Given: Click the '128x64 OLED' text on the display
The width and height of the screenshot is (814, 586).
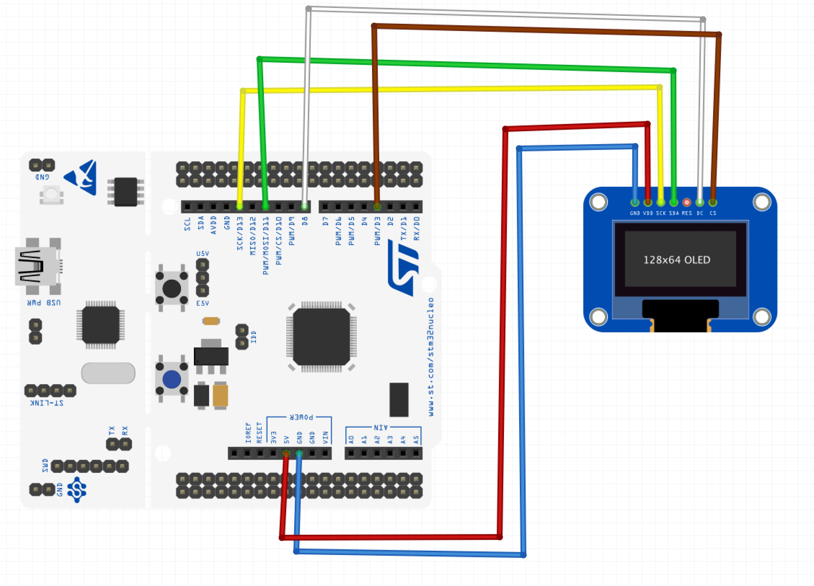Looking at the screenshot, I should click(676, 260).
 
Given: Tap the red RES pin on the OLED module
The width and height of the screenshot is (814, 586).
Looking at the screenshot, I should click(686, 203).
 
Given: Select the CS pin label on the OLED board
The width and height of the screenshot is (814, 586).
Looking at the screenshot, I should click(713, 213).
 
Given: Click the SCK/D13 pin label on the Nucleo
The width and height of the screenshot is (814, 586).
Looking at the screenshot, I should click(240, 233).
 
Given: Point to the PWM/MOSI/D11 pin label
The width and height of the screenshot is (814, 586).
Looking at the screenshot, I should click(266, 245).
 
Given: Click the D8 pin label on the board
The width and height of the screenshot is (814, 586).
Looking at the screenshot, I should click(305, 221).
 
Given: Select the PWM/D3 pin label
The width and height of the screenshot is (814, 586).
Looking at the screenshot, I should click(377, 230).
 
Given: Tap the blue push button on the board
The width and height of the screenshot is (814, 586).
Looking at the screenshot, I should click(172, 379).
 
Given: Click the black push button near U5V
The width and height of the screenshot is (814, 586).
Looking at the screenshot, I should click(172, 288).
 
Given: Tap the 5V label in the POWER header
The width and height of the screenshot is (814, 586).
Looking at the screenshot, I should click(287, 439).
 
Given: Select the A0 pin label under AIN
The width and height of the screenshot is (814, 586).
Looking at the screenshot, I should click(351, 439).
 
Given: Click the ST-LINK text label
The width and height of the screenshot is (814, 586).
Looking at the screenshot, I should click(47, 403).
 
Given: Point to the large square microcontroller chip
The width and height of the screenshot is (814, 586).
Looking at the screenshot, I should click(321, 337).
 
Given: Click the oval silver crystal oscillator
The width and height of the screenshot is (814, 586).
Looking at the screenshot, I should click(108, 373).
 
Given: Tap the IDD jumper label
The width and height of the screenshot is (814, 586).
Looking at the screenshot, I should click(254, 337).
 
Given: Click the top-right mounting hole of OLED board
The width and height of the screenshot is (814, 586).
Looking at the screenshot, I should click(762, 202).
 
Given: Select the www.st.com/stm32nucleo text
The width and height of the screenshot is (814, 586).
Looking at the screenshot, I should click(431, 356).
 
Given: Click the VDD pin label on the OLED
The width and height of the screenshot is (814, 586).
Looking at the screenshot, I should click(648, 213).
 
